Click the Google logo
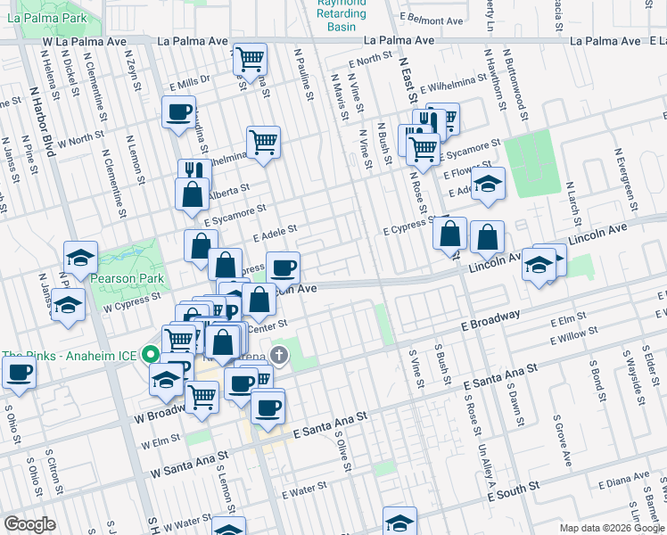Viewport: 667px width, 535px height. point(29,524)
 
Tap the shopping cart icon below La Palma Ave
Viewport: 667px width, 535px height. point(251,59)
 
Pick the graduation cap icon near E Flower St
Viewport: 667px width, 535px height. point(488,185)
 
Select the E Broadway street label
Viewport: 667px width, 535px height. point(490,321)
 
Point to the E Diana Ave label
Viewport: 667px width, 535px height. point(625,482)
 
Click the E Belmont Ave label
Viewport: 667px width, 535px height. point(432,20)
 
